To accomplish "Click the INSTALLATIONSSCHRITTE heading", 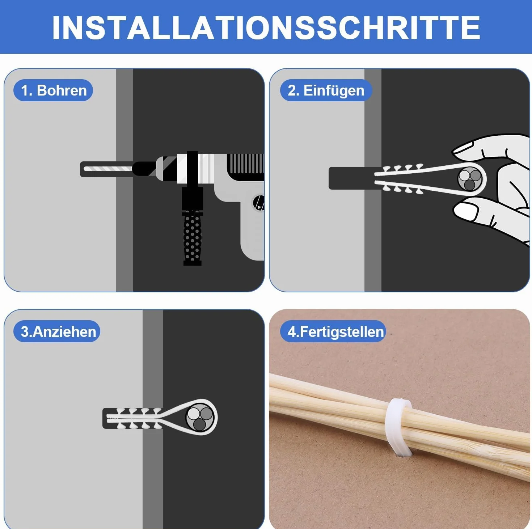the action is pyautogui.click(x=266, y=27).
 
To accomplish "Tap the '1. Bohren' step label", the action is pyautogui.click(x=53, y=90).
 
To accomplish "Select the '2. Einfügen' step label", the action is pyautogui.click(x=326, y=90).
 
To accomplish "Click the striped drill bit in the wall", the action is pyautogui.click(x=108, y=169).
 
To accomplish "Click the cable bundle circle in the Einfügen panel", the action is pyautogui.click(x=470, y=178).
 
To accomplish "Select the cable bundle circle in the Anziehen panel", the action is pyautogui.click(x=200, y=417).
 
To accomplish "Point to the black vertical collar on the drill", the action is pyautogui.click(x=193, y=168).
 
